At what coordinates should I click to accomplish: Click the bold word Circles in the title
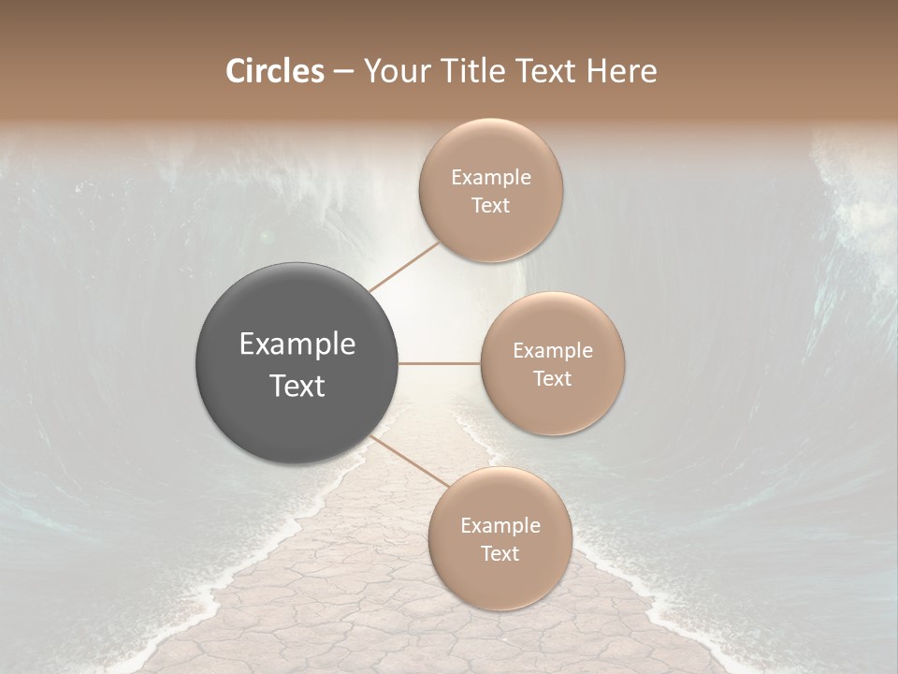[x=274, y=71]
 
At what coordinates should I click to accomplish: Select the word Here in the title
[x=622, y=71]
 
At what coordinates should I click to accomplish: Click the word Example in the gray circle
[x=297, y=344]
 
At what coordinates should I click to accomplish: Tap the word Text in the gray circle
[x=297, y=386]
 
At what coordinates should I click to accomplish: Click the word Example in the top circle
[x=491, y=178]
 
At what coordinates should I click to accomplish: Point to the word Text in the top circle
[x=490, y=206]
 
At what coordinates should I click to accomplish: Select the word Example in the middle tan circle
[x=553, y=351]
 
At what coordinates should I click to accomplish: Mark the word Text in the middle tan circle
[x=553, y=378]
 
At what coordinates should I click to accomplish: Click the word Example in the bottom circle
[x=500, y=526]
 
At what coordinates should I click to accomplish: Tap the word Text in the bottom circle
[x=500, y=553]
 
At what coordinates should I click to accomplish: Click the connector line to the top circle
[x=404, y=267]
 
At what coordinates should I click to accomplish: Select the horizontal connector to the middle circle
[x=440, y=363]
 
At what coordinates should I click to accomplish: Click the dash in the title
[x=342, y=72]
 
